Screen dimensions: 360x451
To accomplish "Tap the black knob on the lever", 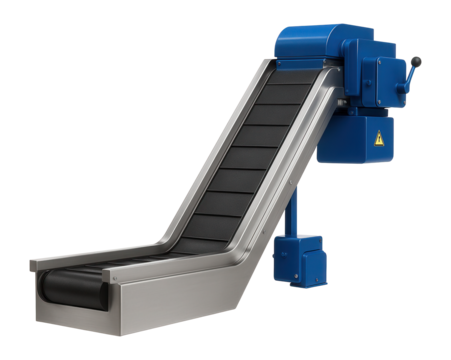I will [417, 62].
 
